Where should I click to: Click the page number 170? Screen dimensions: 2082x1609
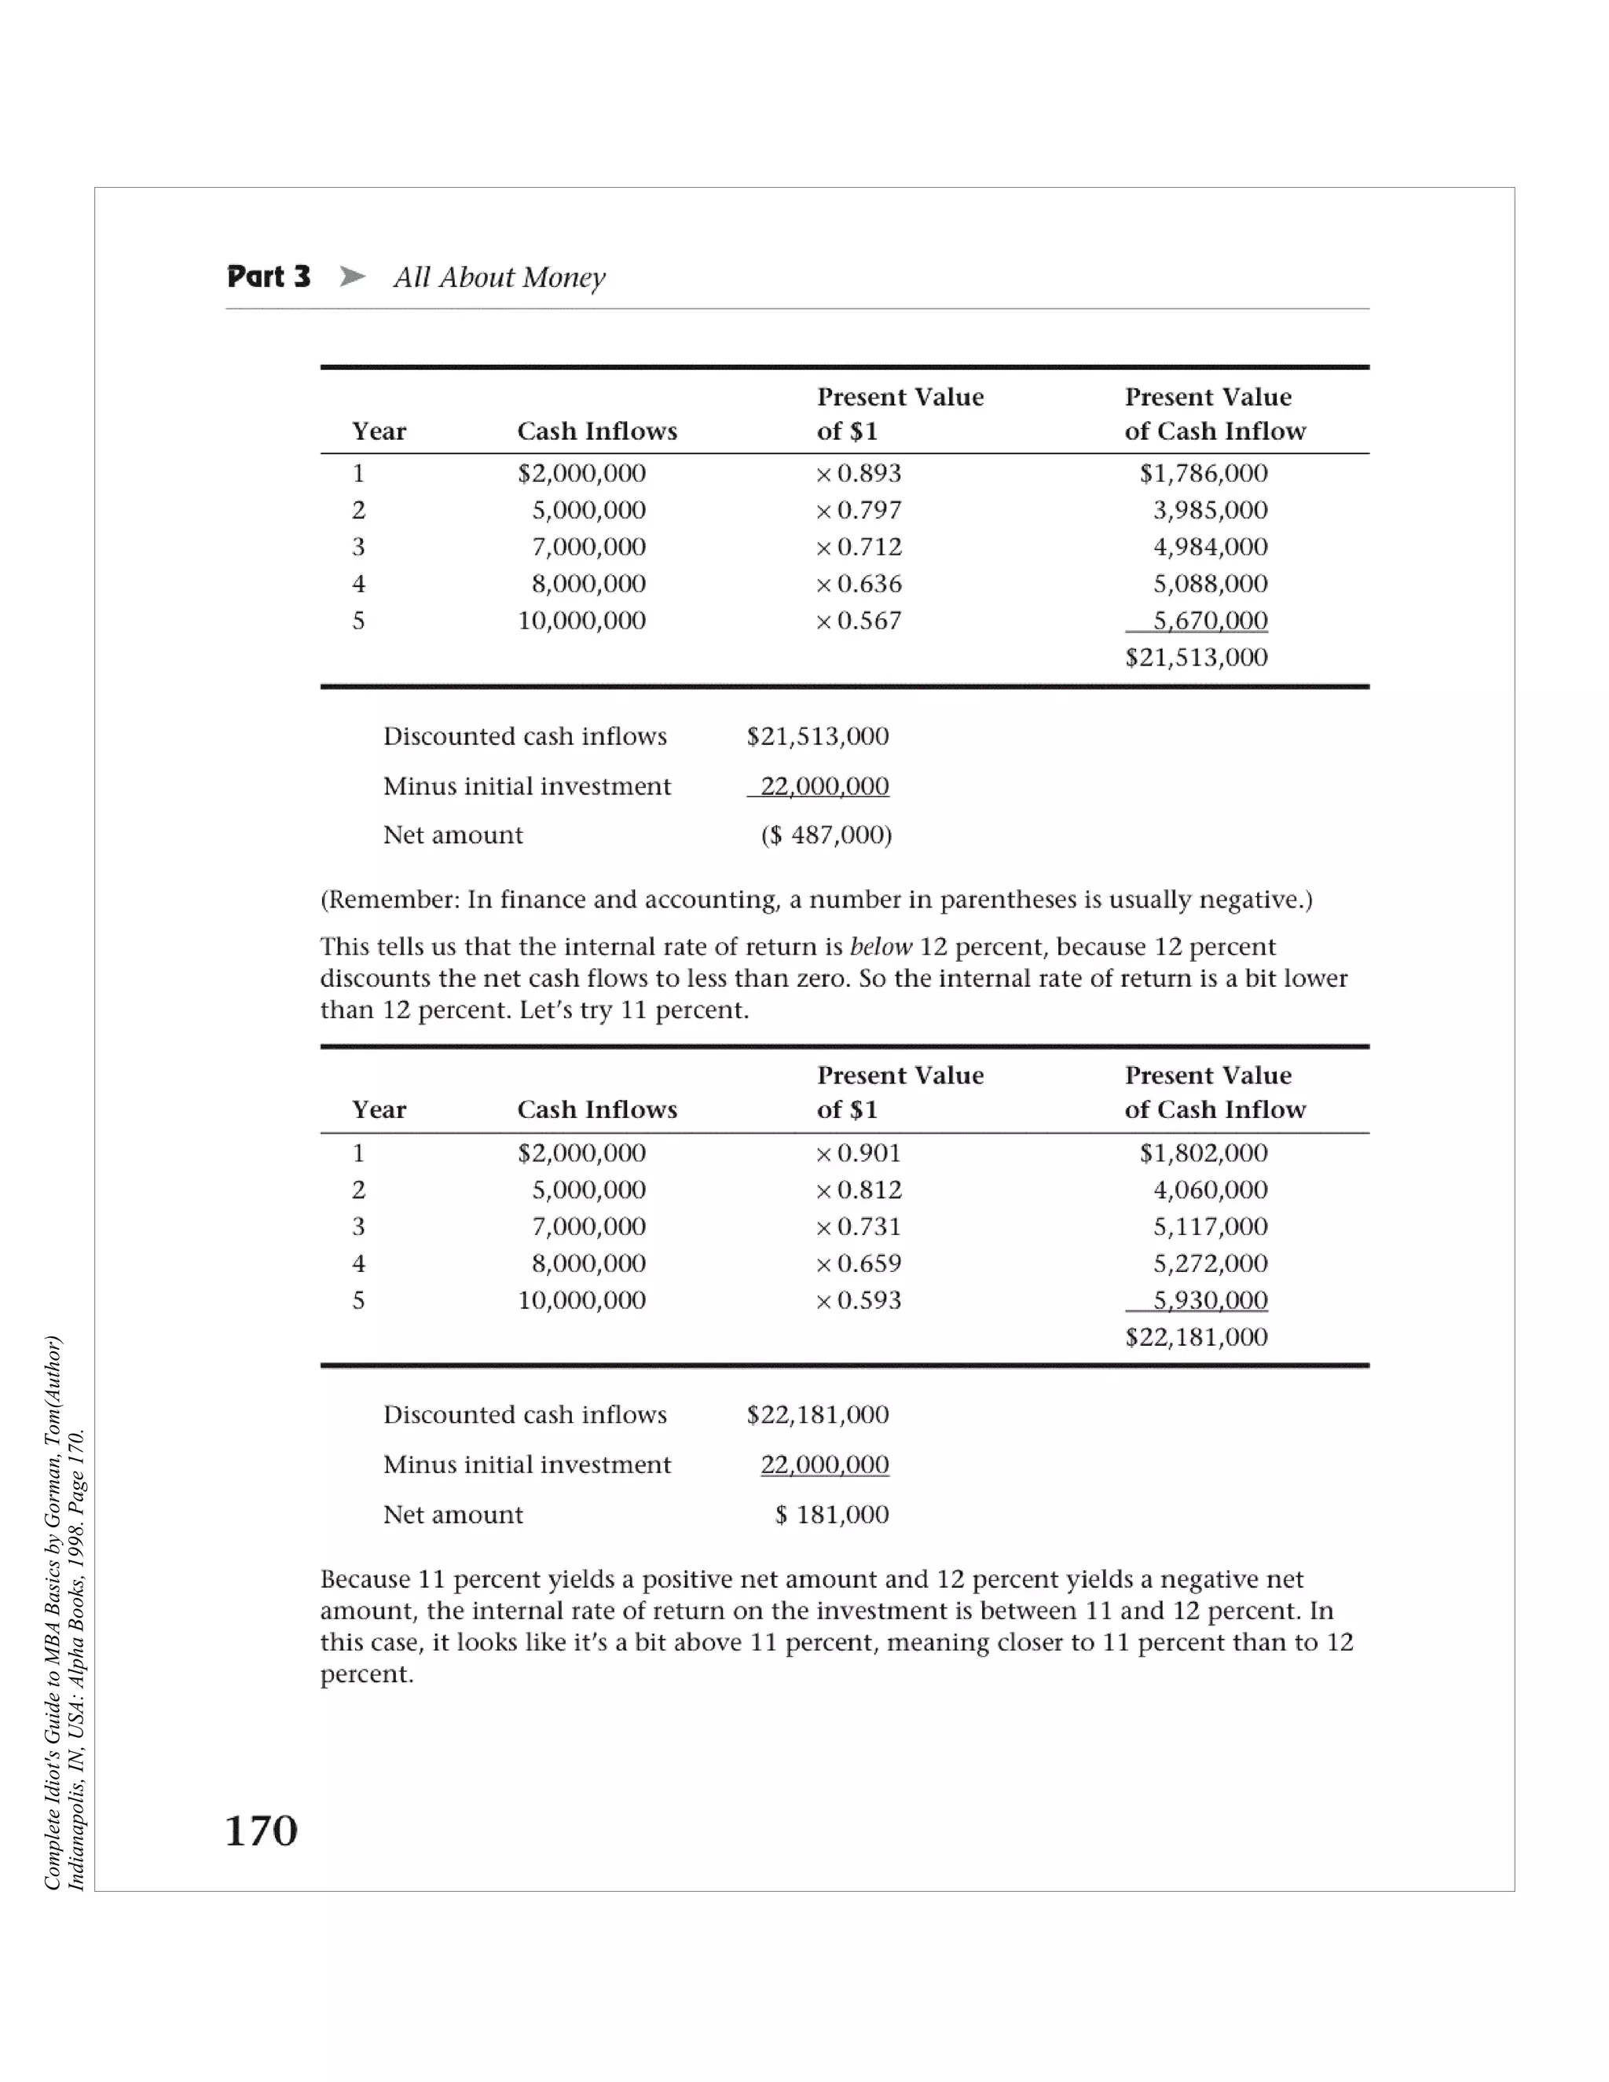[261, 1831]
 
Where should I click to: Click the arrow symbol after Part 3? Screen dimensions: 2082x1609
[352, 277]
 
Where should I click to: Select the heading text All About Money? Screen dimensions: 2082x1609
[500, 277]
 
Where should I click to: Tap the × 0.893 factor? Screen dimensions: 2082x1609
[858, 473]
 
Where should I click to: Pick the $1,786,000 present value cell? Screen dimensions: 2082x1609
[1203, 473]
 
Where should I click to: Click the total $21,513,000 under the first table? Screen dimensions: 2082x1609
[1197, 657]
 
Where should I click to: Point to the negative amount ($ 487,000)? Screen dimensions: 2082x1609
[826, 835]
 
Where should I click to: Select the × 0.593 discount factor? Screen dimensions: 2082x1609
[858, 1300]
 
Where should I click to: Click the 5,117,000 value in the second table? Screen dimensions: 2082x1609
[1210, 1227]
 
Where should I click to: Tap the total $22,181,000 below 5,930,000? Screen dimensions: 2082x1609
[1197, 1336]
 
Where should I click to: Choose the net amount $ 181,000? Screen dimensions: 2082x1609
[831, 1515]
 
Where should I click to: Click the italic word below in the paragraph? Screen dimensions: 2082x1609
[880, 947]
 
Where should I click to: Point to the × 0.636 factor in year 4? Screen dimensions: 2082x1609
[858, 584]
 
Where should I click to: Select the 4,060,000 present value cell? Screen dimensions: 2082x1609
[1210, 1189]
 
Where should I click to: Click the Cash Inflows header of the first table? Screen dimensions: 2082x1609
[597, 432]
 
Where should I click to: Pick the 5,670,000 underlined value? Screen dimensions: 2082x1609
[1210, 621]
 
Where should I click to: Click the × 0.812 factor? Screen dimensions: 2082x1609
[858, 1189]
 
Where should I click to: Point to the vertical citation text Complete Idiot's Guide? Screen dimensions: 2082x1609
[53, 1611]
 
